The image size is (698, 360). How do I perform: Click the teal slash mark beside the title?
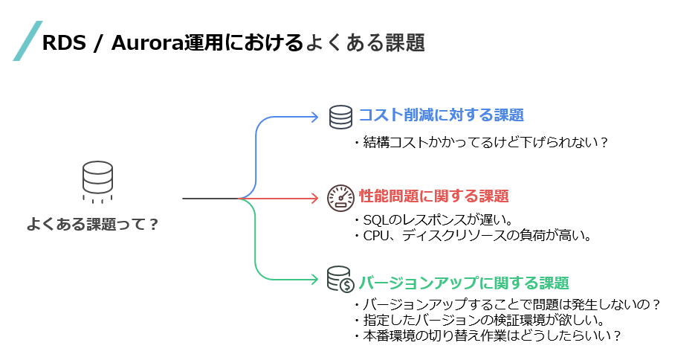tap(28, 41)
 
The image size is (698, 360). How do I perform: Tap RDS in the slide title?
tap(60, 43)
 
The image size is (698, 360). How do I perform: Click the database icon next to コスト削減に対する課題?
tap(341, 117)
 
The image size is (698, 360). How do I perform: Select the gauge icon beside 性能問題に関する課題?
tap(341, 197)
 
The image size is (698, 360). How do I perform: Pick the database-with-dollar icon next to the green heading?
tap(341, 279)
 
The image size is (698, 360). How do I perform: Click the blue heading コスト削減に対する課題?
tap(441, 115)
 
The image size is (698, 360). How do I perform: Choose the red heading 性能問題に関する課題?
tap(433, 196)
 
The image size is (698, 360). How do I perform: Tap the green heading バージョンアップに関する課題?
tap(463, 283)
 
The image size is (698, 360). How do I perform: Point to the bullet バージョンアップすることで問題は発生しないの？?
tap(507, 306)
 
